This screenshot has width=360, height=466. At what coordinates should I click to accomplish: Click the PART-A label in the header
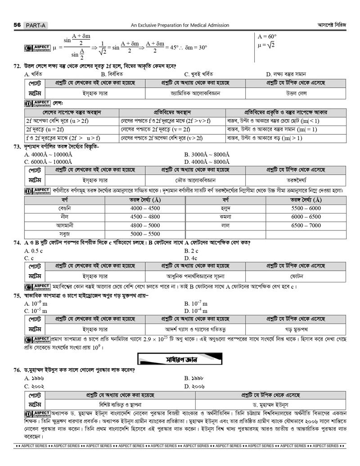[x=36, y=26]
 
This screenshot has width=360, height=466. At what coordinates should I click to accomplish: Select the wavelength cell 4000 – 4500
[x=145, y=208]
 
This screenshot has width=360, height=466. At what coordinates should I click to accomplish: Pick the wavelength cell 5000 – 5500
[x=145, y=234]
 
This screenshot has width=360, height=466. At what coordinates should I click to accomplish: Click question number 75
[x=18, y=296]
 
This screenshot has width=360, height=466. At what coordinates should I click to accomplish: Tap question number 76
[x=18, y=371]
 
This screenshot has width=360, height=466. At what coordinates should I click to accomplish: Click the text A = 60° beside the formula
[x=267, y=36]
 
